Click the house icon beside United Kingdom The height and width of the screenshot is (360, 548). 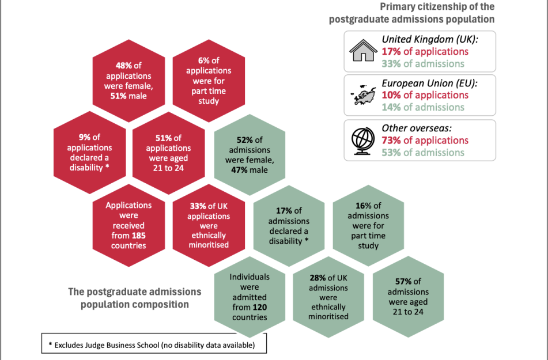pyautogui.click(x=364, y=51)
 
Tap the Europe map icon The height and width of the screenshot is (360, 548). pyautogui.click(x=364, y=94)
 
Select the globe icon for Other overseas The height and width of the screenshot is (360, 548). pyautogui.click(x=363, y=141)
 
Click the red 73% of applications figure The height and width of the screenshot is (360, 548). pyautogui.click(x=425, y=140)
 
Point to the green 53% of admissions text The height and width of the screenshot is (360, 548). pyautogui.click(x=423, y=153)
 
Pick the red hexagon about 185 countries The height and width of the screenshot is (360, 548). pyautogui.click(x=129, y=225)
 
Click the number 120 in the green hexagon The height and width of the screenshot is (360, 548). pyautogui.click(x=260, y=307)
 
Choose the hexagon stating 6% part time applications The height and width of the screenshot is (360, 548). pyautogui.click(x=209, y=81)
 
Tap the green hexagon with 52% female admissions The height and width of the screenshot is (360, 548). pyautogui.click(x=250, y=155)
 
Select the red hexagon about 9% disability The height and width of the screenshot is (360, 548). pyautogui.click(x=89, y=153)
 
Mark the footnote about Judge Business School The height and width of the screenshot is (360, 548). pyautogui.click(x=154, y=345)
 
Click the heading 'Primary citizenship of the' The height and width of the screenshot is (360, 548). pyautogui.click(x=437, y=7)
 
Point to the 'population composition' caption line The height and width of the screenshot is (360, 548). pyautogui.click(x=135, y=305)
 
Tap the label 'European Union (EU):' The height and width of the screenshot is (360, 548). pyautogui.click(x=429, y=83)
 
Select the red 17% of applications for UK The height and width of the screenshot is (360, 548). pyautogui.click(x=425, y=51)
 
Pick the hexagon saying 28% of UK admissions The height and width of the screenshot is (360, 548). pyautogui.click(x=328, y=297)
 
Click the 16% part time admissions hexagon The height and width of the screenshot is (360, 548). pyautogui.click(x=368, y=225)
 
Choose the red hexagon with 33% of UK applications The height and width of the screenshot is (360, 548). pyautogui.click(x=209, y=225)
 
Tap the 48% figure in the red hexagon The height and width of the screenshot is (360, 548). pyautogui.click(x=124, y=65)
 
